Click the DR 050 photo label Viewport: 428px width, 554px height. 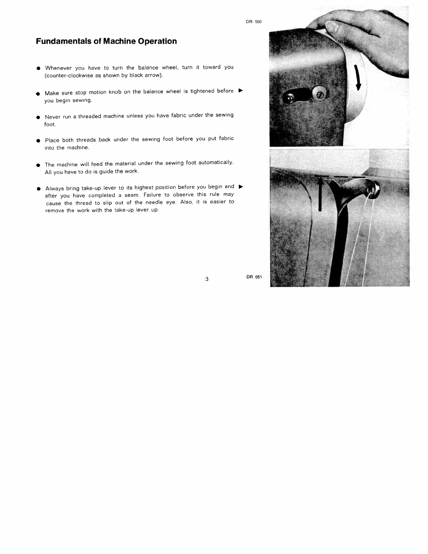(x=254, y=22)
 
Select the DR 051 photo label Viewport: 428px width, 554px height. (x=254, y=277)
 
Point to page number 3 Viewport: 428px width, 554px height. (x=207, y=279)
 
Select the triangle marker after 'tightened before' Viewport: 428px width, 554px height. (x=240, y=91)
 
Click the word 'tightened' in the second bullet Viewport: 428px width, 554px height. (x=202, y=91)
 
